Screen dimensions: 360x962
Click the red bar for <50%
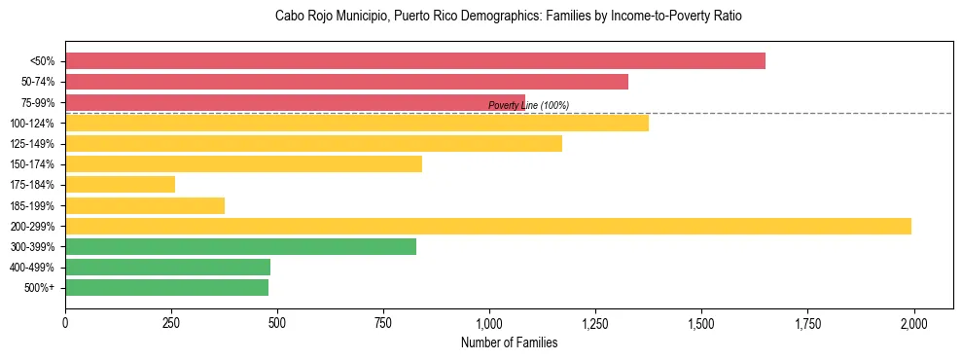coord(415,61)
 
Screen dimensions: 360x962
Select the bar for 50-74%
coord(346,82)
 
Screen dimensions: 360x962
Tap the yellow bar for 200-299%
coord(488,227)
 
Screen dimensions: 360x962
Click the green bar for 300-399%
coord(240,247)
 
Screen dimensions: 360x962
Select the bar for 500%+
coord(166,288)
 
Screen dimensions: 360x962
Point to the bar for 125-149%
coord(313,144)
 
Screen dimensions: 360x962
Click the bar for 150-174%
coord(243,164)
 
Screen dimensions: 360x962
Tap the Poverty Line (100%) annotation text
coord(528,105)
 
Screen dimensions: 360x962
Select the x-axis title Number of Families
coord(509,342)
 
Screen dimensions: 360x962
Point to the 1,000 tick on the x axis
coord(489,322)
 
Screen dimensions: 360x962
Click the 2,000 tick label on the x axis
coord(913,322)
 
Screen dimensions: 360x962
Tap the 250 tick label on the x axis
coord(171,322)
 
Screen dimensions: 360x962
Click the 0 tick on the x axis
coord(65,322)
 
